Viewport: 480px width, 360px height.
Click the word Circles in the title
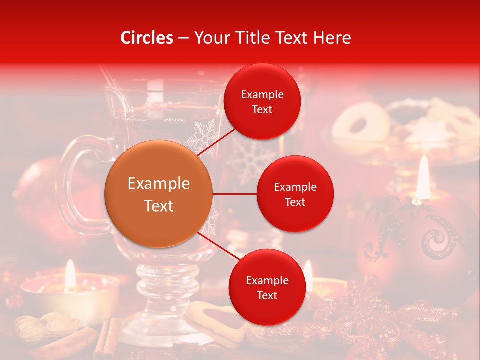(147, 38)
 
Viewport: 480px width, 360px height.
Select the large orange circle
(159, 194)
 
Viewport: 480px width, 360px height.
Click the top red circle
(262, 102)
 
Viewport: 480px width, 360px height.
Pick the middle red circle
(295, 194)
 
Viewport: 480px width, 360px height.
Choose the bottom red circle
(267, 288)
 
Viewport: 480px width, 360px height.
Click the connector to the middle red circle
(235, 194)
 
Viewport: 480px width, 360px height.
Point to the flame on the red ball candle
(423, 175)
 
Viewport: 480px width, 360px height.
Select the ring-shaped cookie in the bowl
(361, 123)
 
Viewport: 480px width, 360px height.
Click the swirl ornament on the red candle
(439, 240)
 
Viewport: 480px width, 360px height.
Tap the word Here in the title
(332, 38)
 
